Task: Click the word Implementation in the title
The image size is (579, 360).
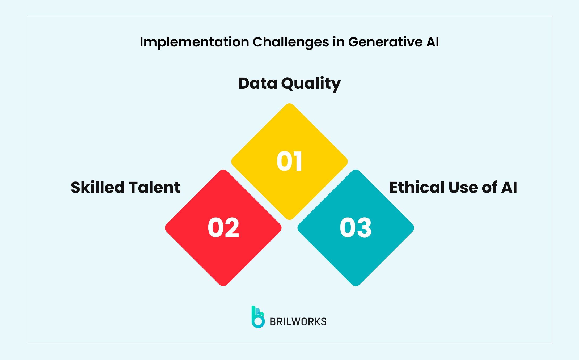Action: pyautogui.click(x=194, y=42)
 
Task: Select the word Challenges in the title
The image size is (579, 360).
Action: pyautogui.click(x=290, y=42)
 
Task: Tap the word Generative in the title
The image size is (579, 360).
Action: pyautogui.click(x=385, y=42)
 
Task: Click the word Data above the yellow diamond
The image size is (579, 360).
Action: pyautogui.click(x=258, y=83)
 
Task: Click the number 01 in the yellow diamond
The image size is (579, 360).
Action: pyautogui.click(x=289, y=161)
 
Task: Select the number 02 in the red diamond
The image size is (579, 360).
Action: pyautogui.click(x=223, y=228)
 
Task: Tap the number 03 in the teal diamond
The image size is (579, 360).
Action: pyautogui.click(x=356, y=228)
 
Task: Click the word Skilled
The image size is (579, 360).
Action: pyautogui.click(x=98, y=187)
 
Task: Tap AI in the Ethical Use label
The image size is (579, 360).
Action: pyautogui.click(x=509, y=187)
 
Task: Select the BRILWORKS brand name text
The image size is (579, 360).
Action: pyautogui.click(x=298, y=322)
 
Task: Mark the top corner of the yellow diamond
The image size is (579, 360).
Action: pyautogui.click(x=289, y=104)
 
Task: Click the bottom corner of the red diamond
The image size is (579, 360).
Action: pyautogui.click(x=223, y=285)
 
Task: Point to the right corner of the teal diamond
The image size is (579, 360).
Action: pyautogui.click(x=413, y=228)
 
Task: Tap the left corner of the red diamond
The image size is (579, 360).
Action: pyautogui.click(x=166, y=228)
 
